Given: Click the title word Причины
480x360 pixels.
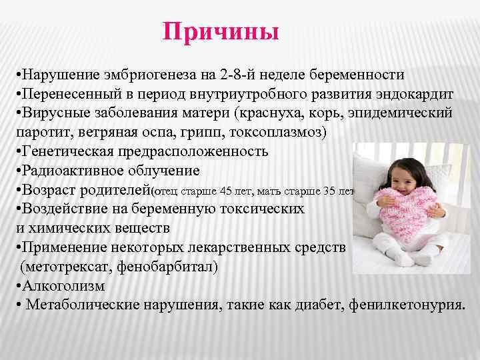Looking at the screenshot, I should [220, 33].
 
